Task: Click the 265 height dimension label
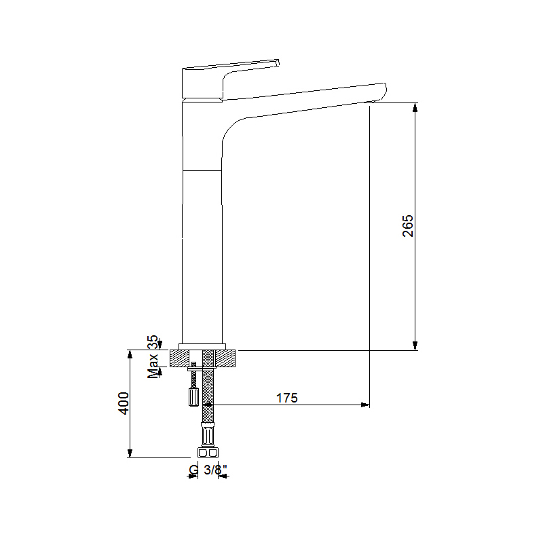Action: (407, 226)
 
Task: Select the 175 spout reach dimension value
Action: (286, 398)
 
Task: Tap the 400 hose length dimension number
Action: (123, 404)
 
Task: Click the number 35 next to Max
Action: (153, 341)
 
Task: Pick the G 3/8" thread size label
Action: (207, 470)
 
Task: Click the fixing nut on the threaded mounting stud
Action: (193, 396)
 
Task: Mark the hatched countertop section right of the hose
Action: (225, 358)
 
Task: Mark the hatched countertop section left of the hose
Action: (185, 358)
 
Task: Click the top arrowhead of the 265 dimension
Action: (415, 107)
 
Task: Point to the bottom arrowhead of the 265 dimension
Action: (415, 346)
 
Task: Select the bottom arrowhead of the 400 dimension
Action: (130, 453)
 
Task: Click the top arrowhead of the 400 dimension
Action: (130, 355)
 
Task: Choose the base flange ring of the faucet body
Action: (202, 346)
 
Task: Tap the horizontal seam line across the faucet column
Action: (202, 169)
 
